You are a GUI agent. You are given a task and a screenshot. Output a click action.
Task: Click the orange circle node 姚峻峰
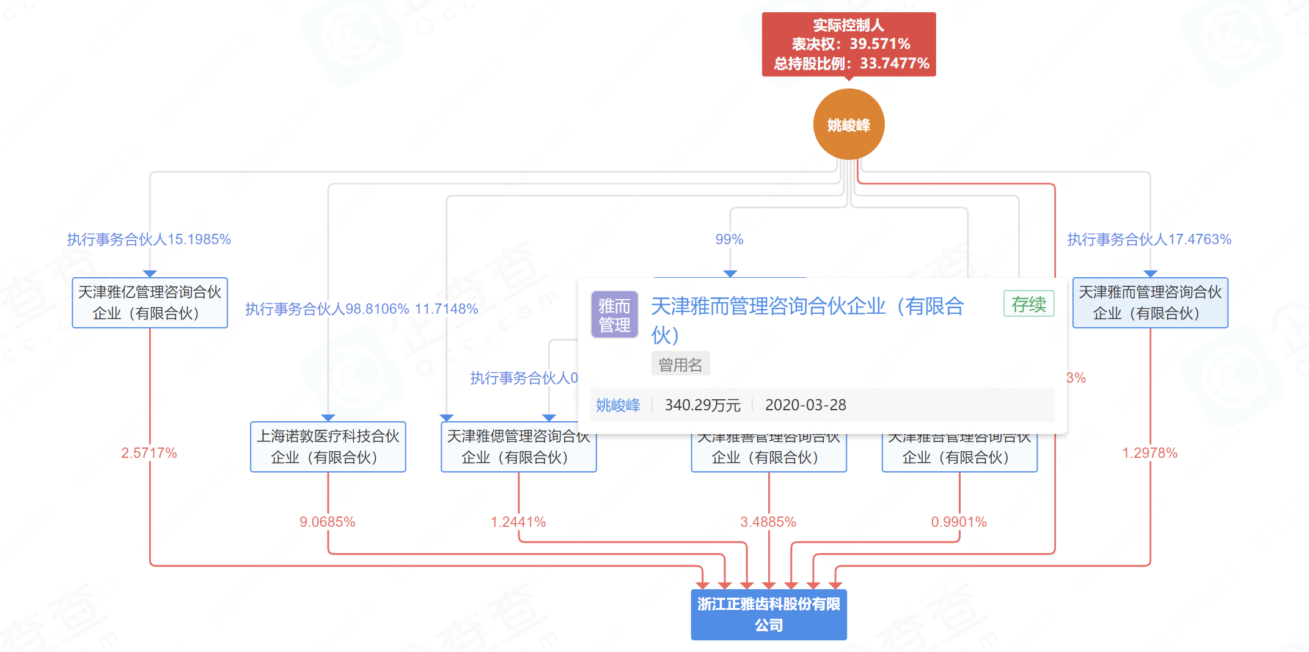pyautogui.click(x=849, y=125)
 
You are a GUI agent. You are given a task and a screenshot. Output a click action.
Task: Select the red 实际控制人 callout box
pyautogui.click(x=849, y=44)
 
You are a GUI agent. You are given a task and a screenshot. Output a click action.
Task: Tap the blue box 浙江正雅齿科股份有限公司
pyautogui.click(x=769, y=614)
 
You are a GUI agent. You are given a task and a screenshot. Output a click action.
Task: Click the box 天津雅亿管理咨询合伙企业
pyautogui.click(x=150, y=303)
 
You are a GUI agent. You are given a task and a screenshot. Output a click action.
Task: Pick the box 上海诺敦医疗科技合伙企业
pyautogui.click(x=328, y=447)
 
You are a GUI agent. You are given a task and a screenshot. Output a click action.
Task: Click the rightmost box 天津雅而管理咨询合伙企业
pyautogui.click(x=1150, y=303)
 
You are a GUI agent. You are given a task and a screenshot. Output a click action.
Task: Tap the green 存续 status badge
pyautogui.click(x=1028, y=304)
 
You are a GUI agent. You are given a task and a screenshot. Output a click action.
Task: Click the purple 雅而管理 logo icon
pyautogui.click(x=614, y=315)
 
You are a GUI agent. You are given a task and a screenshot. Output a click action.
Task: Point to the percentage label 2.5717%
pyautogui.click(x=149, y=453)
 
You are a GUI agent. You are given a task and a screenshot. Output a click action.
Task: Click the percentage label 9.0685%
pyautogui.click(x=328, y=522)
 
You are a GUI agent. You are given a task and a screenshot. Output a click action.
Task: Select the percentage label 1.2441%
pyautogui.click(x=518, y=522)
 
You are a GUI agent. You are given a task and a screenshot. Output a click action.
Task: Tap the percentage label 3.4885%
pyautogui.click(x=768, y=522)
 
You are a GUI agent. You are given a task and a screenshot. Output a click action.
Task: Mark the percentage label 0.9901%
pyautogui.click(x=959, y=522)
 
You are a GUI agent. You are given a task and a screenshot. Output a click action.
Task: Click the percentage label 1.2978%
pyautogui.click(x=1149, y=453)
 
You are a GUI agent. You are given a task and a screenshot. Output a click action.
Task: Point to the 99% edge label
pyautogui.click(x=730, y=239)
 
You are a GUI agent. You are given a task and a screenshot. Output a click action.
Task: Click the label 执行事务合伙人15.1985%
pyautogui.click(x=149, y=239)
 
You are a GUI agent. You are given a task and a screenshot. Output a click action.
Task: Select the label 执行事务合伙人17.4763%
pyautogui.click(x=1149, y=239)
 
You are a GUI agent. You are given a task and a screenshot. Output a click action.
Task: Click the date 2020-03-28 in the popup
pyautogui.click(x=805, y=405)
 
